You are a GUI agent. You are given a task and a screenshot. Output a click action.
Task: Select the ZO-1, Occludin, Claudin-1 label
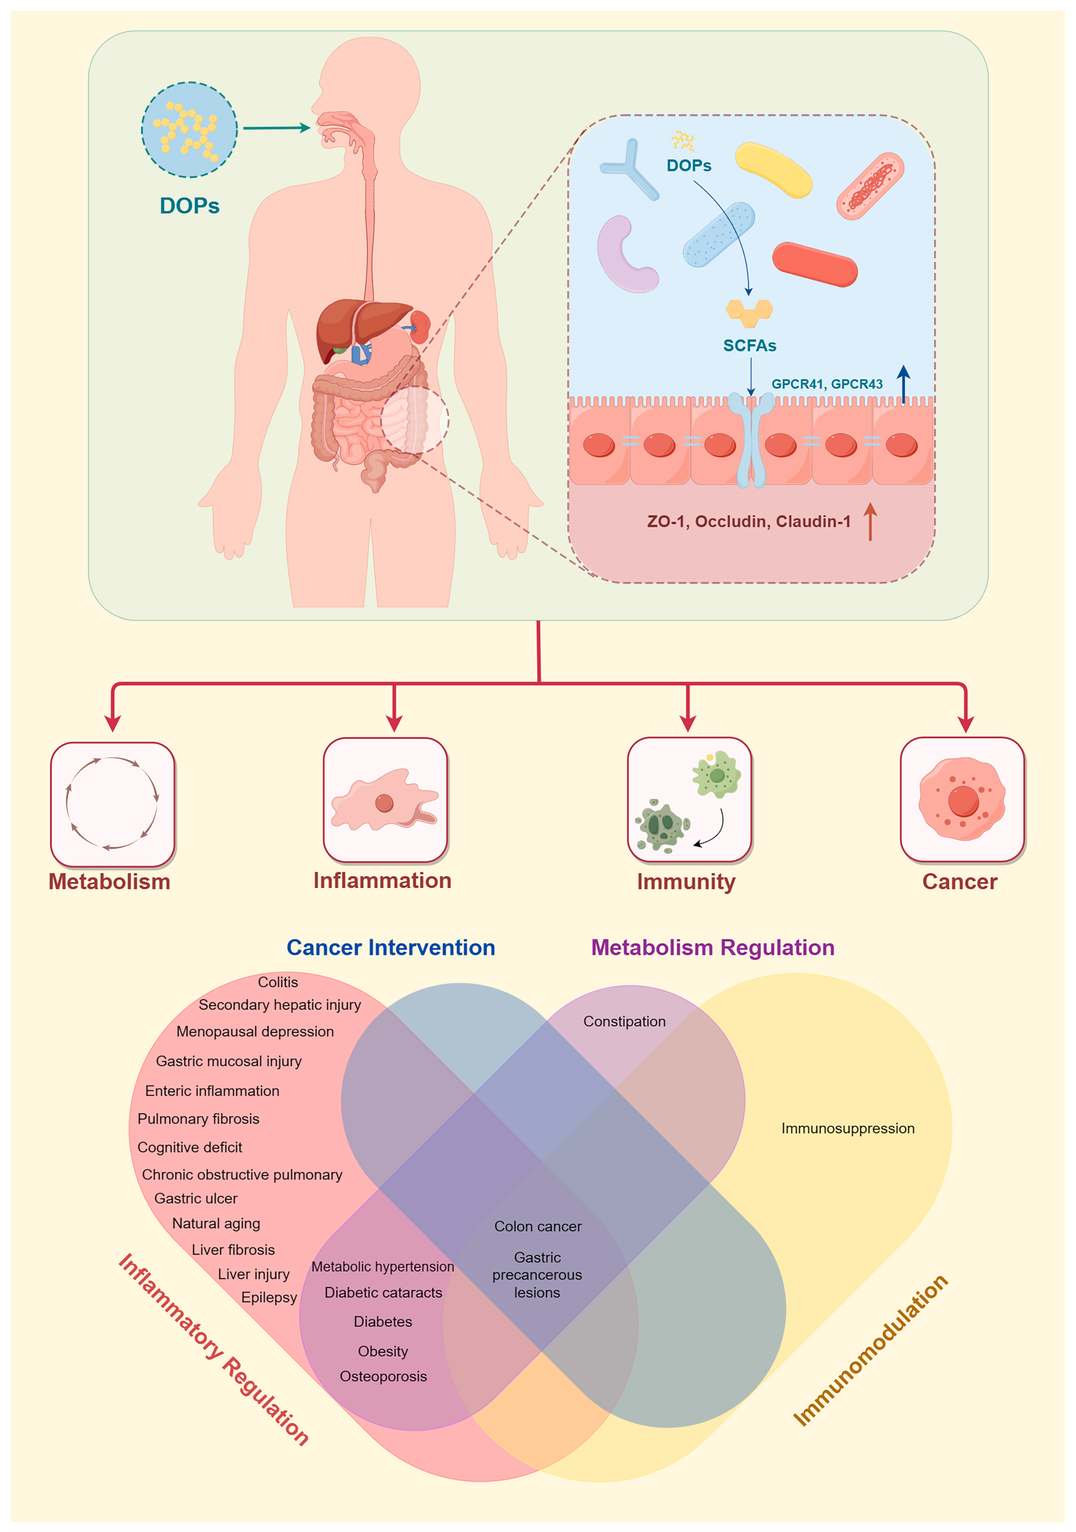(x=748, y=521)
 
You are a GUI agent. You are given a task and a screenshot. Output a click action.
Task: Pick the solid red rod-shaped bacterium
(x=815, y=264)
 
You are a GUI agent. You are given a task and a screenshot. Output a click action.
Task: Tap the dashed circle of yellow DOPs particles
(x=189, y=130)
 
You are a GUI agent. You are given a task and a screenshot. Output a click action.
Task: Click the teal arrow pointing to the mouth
(x=276, y=127)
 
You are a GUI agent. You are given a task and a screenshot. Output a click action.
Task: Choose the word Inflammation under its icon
(x=382, y=881)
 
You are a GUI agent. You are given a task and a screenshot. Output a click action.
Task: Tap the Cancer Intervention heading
(x=391, y=948)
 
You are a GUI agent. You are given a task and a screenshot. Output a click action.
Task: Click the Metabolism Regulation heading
(x=713, y=948)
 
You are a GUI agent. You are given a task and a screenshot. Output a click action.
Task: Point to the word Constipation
(x=625, y=1022)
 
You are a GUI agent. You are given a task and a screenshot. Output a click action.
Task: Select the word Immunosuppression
(x=848, y=1128)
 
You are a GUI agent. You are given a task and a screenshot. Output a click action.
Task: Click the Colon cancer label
(x=538, y=1226)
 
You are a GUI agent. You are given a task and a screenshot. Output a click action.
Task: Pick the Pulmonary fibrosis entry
(x=198, y=1119)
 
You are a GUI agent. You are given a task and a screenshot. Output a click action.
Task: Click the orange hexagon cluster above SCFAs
(x=749, y=311)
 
